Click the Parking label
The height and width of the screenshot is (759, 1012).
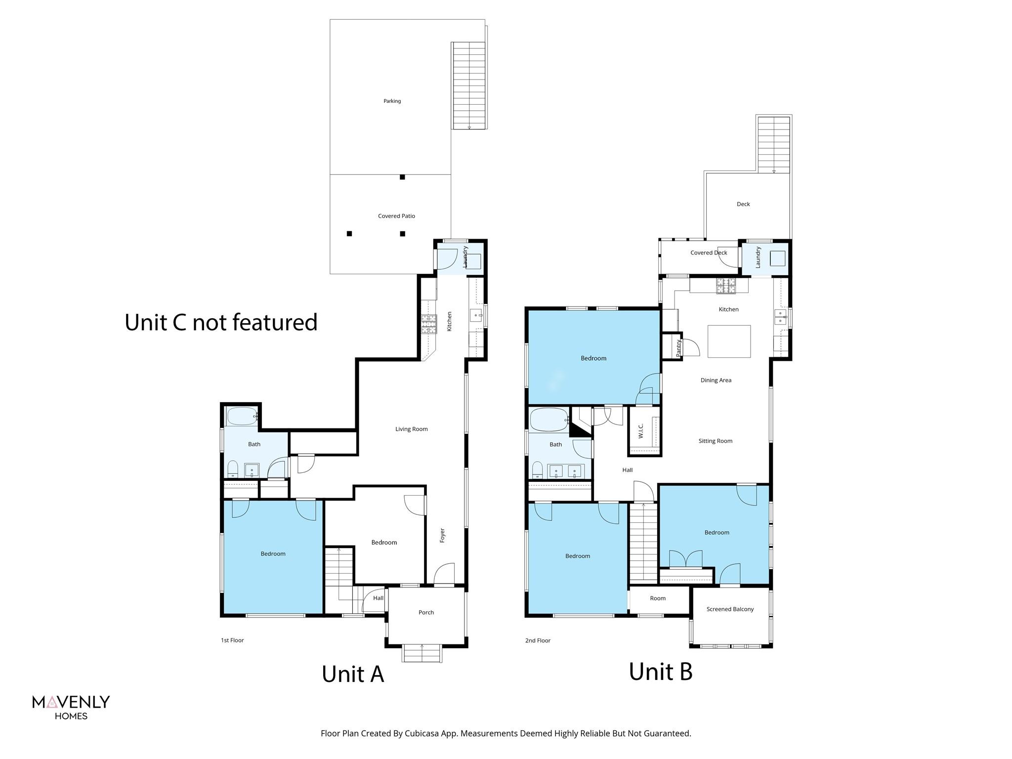point(392,101)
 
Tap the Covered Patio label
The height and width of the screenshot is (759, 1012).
point(396,216)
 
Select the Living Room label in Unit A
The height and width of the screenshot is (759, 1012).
point(411,429)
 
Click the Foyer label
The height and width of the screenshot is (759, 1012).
point(442,536)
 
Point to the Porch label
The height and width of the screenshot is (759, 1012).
point(426,612)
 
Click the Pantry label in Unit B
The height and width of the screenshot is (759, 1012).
point(678,347)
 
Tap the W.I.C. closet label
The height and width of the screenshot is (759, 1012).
point(640,431)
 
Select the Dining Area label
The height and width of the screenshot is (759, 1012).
point(716,380)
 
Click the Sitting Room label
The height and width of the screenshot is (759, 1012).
point(715,441)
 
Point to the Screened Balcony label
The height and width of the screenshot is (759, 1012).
point(730,609)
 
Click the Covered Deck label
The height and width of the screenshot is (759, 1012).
point(709,253)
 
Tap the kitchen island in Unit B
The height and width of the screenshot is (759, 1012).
point(729,341)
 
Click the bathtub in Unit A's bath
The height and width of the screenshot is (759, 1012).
point(242,416)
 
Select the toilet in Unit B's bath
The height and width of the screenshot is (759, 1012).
point(537,470)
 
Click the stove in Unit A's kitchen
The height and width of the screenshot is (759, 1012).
point(429,324)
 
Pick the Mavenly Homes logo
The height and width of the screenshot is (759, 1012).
point(71,707)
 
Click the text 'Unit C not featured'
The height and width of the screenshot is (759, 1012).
point(221,322)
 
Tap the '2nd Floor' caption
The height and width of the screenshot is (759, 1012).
point(538,640)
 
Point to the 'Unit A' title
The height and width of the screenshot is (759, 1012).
point(353,674)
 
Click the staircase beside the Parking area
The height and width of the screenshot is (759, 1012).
point(469,85)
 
